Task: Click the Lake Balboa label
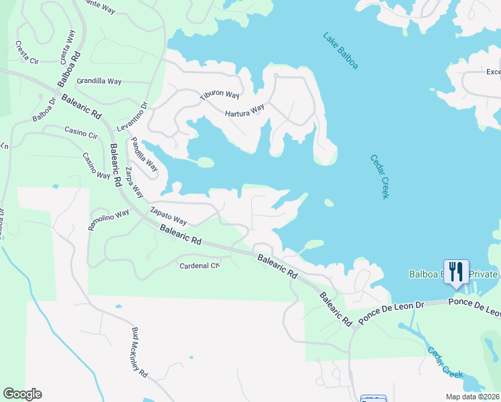pyautogui.click(x=340, y=51)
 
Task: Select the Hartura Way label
pyautogui.click(x=244, y=110)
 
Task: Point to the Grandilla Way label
pyautogui.click(x=99, y=81)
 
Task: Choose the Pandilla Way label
pyautogui.click(x=144, y=154)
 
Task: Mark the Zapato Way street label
pyautogui.click(x=167, y=214)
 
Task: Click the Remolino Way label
pyautogui.click(x=109, y=220)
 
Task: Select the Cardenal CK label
pyautogui.click(x=200, y=265)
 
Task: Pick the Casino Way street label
pyautogui.click(x=96, y=165)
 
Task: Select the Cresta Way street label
pyautogui.click(x=68, y=46)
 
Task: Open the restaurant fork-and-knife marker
pyautogui.click(x=456, y=271)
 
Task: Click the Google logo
pyautogui.click(x=22, y=394)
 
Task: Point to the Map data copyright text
pyautogui.click(x=472, y=397)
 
